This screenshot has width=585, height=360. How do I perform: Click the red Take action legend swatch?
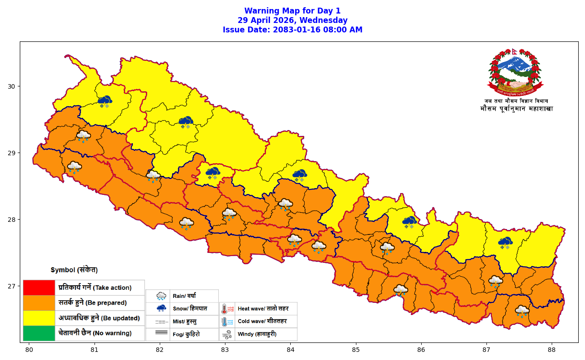(x=39, y=288)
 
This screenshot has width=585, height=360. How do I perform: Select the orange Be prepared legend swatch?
(x=39, y=303)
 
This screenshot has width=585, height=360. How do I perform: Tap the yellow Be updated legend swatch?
(x=39, y=318)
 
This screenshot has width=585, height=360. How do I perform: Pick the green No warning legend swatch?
(x=39, y=333)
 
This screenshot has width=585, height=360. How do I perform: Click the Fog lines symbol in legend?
(x=161, y=334)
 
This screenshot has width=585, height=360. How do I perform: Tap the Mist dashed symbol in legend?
(x=161, y=322)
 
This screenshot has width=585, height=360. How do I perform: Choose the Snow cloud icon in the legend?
(x=161, y=309)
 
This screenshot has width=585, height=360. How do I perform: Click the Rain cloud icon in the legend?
(x=161, y=296)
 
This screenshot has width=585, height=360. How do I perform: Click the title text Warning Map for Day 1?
(x=292, y=11)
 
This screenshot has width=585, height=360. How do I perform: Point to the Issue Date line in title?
(x=292, y=30)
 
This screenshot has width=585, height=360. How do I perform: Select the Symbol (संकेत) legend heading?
(x=74, y=270)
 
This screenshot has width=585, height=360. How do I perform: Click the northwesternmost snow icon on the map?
(x=105, y=101)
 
